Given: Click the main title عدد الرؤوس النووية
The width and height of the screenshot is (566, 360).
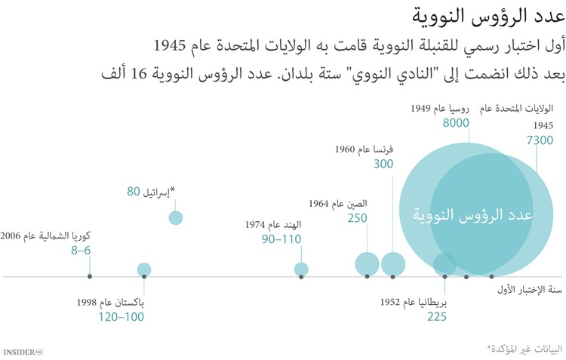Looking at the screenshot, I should [x=487, y=17].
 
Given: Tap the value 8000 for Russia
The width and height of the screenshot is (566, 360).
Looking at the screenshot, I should [x=456, y=124].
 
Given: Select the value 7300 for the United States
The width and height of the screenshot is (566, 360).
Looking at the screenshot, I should [x=540, y=140].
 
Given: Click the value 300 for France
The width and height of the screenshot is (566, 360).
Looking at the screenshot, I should [x=383, y=164].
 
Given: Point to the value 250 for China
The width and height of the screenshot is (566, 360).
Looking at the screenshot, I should [x=357, y=218].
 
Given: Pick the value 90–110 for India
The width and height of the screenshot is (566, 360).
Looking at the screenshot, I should [x=281, y=239].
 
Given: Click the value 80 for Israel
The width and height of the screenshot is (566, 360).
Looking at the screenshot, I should [x=133, y=192].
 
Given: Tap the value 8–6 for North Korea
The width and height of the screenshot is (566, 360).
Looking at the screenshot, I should [x=81, y=251].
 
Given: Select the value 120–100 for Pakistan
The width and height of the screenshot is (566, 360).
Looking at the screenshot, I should [x=121, y=317].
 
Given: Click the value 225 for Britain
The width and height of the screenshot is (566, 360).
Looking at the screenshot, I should [x=435, y=317].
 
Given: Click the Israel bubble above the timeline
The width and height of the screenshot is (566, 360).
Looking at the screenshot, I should [x=176, y=218].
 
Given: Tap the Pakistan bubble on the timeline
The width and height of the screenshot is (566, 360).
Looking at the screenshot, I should [x=144, y=269].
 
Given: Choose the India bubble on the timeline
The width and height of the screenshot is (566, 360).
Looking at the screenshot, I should [x=301, y=269].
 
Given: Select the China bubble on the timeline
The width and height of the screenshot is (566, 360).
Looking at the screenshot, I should [x=367, y=264].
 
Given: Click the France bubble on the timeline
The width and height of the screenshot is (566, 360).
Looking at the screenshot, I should [x=392, y=264].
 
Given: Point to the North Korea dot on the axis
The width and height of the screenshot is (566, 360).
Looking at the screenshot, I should [x=90, y=277].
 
